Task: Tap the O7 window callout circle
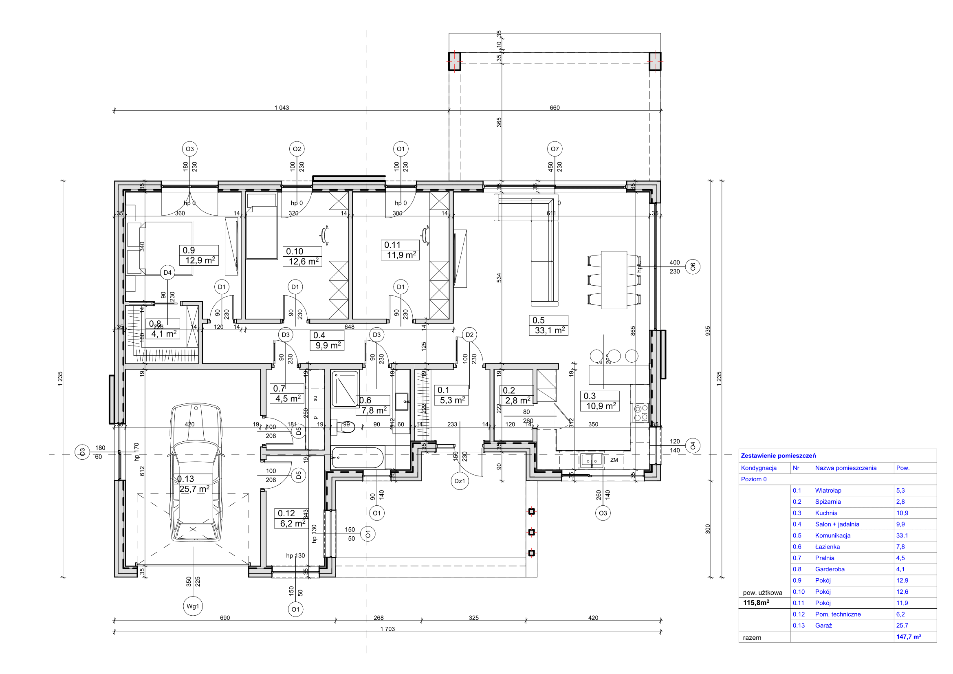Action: (x=555, y=149)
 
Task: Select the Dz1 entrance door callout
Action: (x=460, y=481)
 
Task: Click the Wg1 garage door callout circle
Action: (x=193, y=606)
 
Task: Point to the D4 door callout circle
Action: (x=167, y=273)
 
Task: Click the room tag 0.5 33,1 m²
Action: (x=548, y=325)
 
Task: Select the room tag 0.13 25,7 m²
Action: (x=194, y=485)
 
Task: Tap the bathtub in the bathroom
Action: (x=358, y=457)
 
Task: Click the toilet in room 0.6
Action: (x=346, y=426)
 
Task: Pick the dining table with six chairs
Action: (x=614, y=280)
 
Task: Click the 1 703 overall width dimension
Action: (x=387, y=629)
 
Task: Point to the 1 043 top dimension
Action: (x=282, y=108)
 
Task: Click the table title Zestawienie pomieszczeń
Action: (x=778, y=456)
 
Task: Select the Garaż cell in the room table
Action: (x=823, y=626)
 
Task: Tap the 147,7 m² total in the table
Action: (x=908, y=637)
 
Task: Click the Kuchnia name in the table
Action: (x=826, y=513)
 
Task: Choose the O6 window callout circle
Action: (x=693, y=267)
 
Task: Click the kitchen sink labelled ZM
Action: (x=592, y=460)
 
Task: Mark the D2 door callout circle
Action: (x=469, y=335)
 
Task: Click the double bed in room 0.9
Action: (x=160, y=248)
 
